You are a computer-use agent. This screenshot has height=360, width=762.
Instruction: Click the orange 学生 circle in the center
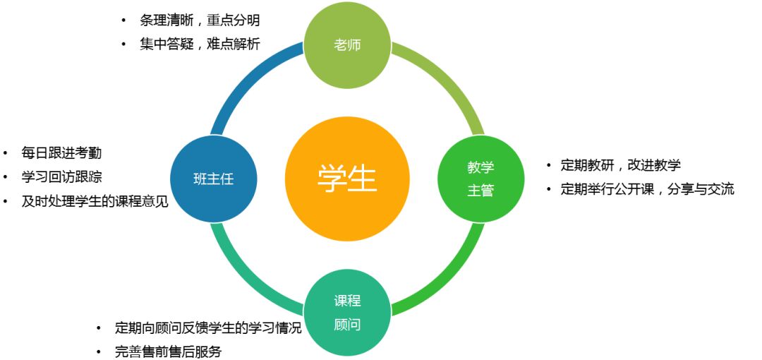click(x=347, y=179)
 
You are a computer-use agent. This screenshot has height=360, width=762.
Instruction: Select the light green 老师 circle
click(x=347, y=45)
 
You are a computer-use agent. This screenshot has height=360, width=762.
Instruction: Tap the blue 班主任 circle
click(x=213, y=179)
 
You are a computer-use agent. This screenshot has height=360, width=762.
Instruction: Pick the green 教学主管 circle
click(x=480, y=179)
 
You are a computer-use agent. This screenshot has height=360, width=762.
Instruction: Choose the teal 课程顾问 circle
click(x=347, y=312)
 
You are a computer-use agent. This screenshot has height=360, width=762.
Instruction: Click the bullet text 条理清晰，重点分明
click(x=200, y=20)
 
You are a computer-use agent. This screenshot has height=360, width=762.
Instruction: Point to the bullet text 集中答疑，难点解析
click(x=200, y=44)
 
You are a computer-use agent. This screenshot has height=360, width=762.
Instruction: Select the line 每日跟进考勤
click(x=61, y=153)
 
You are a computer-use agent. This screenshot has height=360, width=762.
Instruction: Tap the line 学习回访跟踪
click(x=61, y=177)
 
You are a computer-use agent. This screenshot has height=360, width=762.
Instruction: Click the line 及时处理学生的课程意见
click(x=95, y=201)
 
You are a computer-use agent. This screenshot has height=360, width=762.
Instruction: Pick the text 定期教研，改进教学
click(x=621, y=165)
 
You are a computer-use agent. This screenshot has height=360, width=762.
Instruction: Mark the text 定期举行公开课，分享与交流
click(x=647, y=189)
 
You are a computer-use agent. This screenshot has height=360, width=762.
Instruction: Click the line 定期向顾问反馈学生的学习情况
click(x=208, y=328)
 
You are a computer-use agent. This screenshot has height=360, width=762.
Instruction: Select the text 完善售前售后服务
click(x=168, y=352)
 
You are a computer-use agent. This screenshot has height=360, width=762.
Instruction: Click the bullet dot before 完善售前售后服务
click(x=99, y=352)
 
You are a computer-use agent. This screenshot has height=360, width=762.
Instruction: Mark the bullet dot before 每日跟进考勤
click(x=6, y=153)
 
